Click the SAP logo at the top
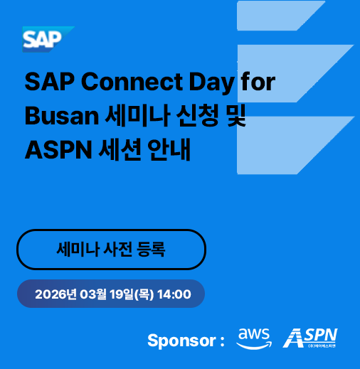(47, 39)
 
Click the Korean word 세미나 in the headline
(116, 116)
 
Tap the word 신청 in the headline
(187, 116)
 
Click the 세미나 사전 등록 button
(111, 250)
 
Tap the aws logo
(254, 337)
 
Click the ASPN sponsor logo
(310, 337)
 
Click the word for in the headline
(258, 82)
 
